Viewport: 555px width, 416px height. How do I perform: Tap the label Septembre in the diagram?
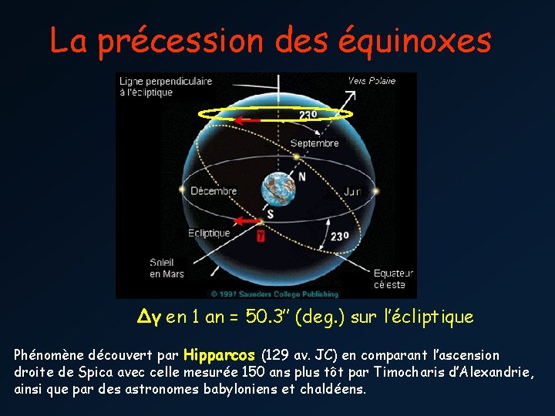(x=314, y=143)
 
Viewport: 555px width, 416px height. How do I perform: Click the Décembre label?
(x=214, y=190)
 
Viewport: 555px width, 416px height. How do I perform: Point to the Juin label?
(x=352, y=190)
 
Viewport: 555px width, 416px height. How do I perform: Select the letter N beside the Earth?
(x=301, y=176)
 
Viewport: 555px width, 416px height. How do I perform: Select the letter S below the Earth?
(x=269, y=213)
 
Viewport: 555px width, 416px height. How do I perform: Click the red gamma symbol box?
(x=261, y=235)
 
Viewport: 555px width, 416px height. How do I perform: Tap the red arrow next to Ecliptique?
(x=246, y=222)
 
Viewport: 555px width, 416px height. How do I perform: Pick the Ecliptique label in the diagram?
(x=209, y=233)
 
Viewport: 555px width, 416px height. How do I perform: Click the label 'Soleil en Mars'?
(x=166, y=268)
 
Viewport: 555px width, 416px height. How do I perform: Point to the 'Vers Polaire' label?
(x=372, y=80)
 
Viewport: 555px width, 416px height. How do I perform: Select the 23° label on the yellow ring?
(x=308, y=115)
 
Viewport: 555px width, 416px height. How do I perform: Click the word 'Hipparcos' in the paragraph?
(x=220, y=355)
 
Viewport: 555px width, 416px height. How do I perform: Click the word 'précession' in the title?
(x=163, y=40)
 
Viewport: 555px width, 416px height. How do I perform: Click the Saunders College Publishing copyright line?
(x=274, y=294)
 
